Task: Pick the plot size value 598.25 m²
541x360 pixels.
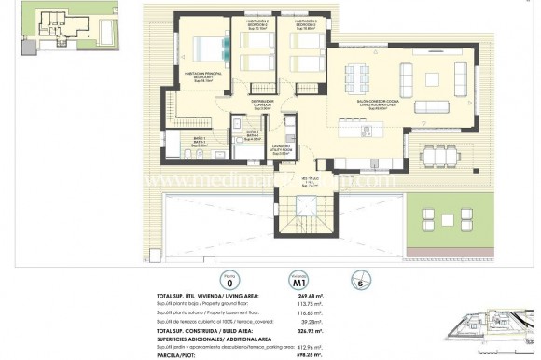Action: [x=316, y=354]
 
